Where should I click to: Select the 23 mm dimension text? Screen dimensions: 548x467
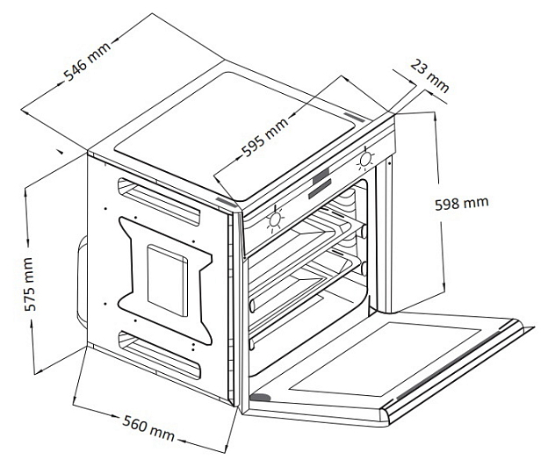(429, 75)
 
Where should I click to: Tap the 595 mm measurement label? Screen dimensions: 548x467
(266, 136)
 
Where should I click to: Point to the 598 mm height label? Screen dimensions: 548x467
(461, 203)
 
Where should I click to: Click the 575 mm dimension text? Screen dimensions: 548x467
(29, 284)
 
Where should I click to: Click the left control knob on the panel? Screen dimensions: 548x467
(275, 219)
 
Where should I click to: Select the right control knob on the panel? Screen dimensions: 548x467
(366, 159)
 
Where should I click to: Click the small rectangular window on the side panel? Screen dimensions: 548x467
(167, 280)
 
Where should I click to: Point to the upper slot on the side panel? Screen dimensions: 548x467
(159, 200)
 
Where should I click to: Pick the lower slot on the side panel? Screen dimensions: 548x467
(159, 354)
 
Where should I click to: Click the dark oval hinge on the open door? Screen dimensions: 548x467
(261, 398)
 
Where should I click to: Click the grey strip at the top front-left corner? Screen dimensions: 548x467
(226, 202)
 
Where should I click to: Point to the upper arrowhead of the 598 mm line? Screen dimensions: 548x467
(435, 117)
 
